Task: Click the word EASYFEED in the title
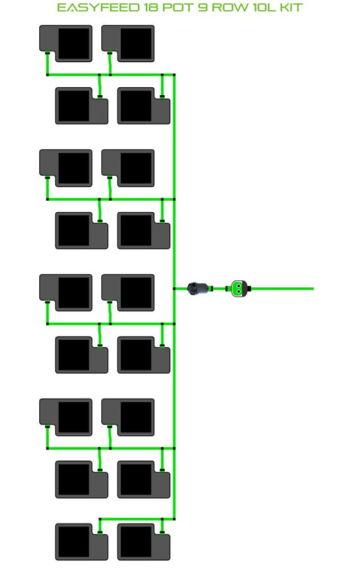point(98,7)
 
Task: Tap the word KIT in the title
point(291,7)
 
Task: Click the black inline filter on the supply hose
point(198,289)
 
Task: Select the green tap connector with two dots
point(239,289)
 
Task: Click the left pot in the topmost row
point(66,43)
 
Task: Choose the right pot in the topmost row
point(128,43)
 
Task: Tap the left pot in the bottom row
point(82,541)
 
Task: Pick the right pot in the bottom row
point(144,541)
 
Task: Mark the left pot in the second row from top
point(82,105)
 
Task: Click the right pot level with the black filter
point(128,293)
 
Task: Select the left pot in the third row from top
point(66,168)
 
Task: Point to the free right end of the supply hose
point(313,289)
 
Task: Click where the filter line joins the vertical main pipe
point(174,289)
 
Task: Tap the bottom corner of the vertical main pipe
point(174,518)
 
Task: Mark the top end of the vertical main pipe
point(174,75)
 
